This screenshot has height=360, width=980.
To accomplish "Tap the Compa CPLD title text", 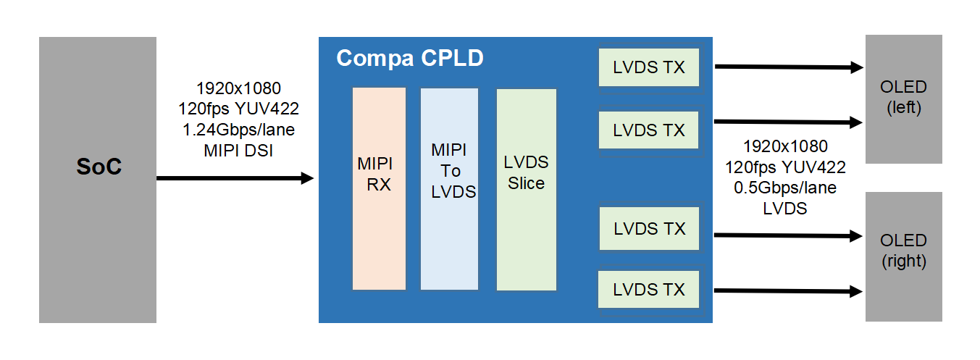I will (x=409, y=58).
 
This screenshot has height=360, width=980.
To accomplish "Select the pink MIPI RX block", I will (x=379, y=188).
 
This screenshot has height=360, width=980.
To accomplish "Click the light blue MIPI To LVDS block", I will (x=449, y=188).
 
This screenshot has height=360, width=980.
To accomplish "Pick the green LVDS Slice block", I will (x=526, y=188).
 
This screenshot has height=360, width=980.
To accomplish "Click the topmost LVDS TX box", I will (x=649, y=67).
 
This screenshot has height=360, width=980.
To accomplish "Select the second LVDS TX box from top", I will (x=649, y=130).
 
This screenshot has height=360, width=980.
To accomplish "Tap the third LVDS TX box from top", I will (x=649, y=228).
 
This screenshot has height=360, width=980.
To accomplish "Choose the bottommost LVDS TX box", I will (x=649, y=290).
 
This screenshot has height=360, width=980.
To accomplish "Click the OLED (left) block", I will (x=904, y=99).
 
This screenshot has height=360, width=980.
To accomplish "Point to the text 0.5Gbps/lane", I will (x=785, y=188).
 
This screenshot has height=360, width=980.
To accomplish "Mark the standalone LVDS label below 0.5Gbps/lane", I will (x=785, y=208).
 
